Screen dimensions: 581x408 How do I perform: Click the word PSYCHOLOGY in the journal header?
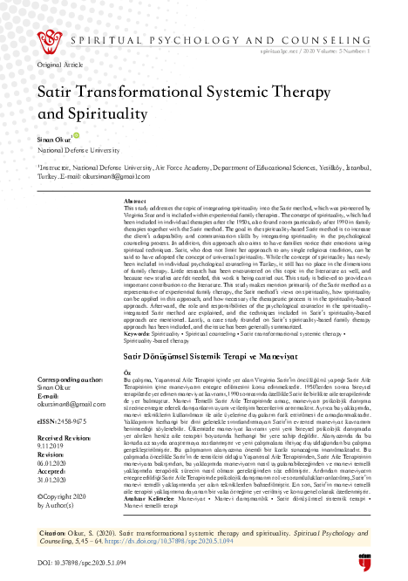click(213, 39)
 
